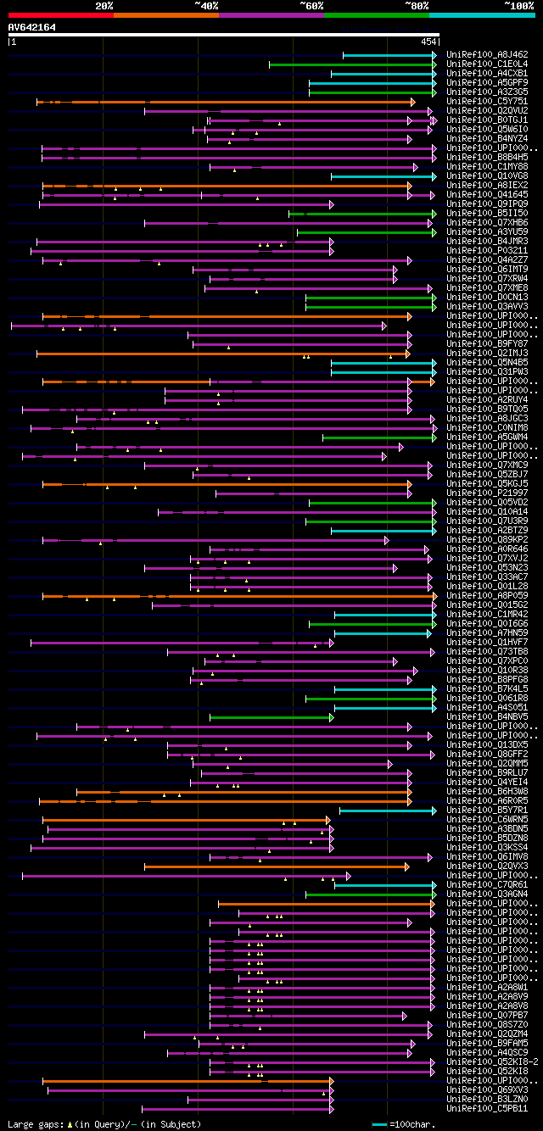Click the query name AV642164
32,27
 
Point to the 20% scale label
104,5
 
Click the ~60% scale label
311,5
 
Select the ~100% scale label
518,5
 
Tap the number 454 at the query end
428,42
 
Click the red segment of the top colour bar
60,14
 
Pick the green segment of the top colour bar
376,14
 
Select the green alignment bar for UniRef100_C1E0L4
351,64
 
